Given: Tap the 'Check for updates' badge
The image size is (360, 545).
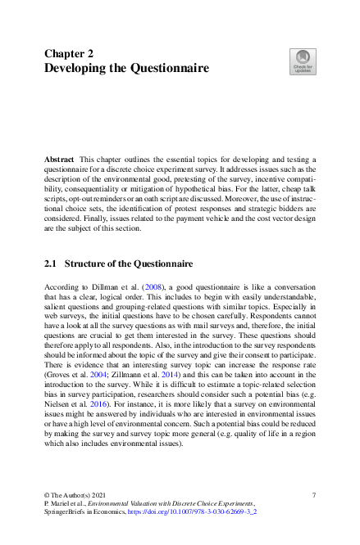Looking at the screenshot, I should [x=303, y=59].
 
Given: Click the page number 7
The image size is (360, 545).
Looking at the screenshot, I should [x=315, y=495].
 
